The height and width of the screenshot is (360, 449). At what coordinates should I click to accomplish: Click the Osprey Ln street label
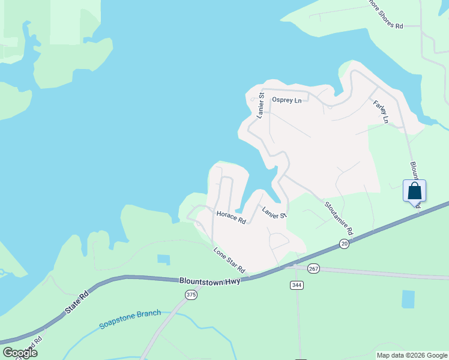coord(286,100)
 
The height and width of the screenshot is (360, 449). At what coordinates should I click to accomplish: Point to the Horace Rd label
coord(231,217)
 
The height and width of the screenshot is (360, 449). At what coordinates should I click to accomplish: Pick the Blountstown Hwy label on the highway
coord(209,281)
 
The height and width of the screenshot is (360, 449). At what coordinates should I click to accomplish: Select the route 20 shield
coord(343,243)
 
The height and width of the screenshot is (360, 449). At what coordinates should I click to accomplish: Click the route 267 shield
coord(313,268)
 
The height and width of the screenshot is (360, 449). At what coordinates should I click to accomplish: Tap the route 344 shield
coord(297,284)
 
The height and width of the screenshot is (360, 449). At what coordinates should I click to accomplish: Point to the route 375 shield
coord(191,295)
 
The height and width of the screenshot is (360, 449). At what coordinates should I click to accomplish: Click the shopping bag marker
coord(414,191)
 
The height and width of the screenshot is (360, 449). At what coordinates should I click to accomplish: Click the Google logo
coord(20,353)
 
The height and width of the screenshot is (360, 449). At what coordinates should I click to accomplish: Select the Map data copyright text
coord(411,355)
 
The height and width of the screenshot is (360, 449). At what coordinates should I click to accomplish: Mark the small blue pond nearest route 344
coord(408,299)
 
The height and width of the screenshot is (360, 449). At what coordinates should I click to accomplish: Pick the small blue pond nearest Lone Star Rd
coord(163,259)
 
